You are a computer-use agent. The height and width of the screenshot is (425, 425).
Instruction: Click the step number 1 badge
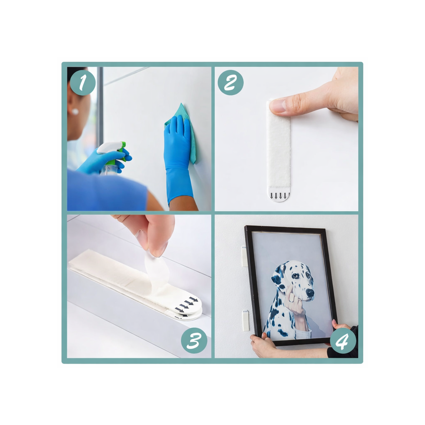point(83,83)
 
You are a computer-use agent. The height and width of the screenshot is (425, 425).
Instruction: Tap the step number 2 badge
point(230,83)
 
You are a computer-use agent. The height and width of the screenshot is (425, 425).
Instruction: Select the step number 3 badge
point(194,340)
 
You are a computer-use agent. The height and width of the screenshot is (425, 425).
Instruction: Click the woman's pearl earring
point(75,112)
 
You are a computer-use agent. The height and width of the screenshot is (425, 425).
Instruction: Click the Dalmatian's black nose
point(310,293)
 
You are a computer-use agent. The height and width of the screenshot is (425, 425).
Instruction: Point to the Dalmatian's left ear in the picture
point(278,275)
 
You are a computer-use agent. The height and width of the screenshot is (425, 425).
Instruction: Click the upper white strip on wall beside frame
point(245,257)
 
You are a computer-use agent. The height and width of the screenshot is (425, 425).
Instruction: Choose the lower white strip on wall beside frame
point(245,320)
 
